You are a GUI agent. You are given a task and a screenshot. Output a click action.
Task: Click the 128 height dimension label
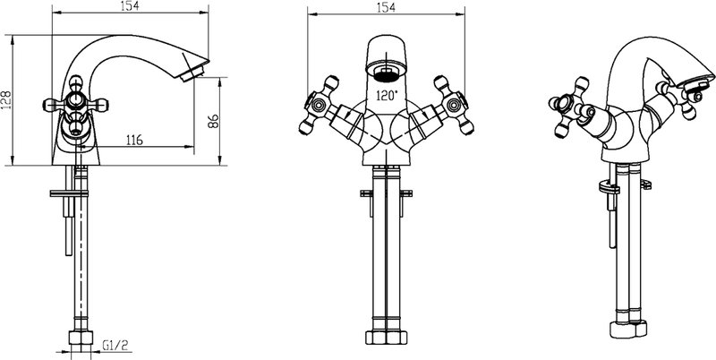(6, 100)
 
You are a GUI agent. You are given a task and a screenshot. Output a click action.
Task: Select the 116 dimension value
(134, 140)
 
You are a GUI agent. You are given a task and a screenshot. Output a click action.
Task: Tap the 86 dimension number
(213, 121)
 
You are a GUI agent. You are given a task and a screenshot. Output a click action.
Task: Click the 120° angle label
(387, 96)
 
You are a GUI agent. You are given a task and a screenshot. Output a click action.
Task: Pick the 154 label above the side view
(129, 5)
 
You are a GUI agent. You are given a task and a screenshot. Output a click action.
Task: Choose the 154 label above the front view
(386, 7)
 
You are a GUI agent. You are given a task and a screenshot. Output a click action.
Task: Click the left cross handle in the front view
(319, 105)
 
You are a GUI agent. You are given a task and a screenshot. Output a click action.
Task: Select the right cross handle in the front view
(454, 105)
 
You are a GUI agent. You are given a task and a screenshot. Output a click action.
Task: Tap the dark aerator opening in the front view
(387, 74)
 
